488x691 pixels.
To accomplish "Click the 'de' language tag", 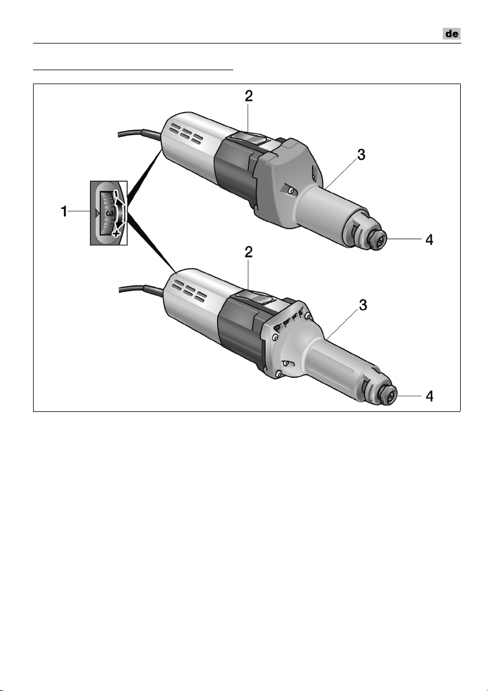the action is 452,34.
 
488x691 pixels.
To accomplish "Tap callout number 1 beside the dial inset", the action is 64,212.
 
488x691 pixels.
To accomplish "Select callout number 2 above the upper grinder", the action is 249,96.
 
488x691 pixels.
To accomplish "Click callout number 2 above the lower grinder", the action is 249,252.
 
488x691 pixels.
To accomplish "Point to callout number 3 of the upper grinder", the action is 361,155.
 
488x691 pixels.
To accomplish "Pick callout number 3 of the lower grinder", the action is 363,305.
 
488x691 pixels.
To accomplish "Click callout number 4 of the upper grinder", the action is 429,240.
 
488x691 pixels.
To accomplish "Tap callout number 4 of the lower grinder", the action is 429,396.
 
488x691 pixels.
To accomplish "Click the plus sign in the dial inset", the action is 115,234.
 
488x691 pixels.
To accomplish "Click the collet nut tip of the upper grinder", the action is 378,241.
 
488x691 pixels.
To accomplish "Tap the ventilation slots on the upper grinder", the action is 186,135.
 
